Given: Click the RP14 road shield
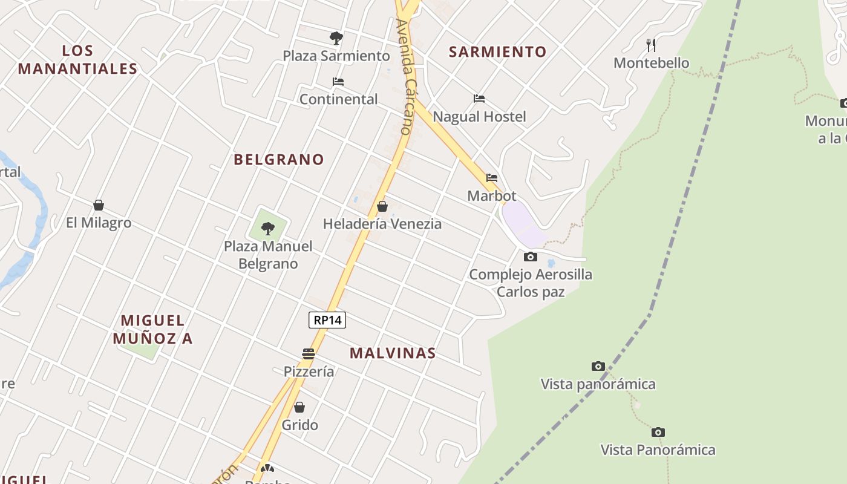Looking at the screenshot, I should [x=327, y=320].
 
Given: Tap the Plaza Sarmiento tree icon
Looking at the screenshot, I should [x=336, y=38].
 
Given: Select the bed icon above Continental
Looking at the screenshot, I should [x=338, y=82].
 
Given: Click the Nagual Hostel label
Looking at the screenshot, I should [x=480, y=116].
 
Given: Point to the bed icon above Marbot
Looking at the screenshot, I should [x=492, y=178].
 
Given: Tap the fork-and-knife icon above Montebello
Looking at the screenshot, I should [x=651, y=45].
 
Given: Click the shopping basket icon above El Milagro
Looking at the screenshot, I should [x=99, y=205].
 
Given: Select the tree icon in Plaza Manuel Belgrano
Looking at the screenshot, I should [x=268, y=228].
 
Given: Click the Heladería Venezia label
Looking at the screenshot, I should [x=382, y=224].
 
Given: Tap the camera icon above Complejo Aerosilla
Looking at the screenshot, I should [x=531, y=257].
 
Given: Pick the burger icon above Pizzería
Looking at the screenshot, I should [x=309, y=354].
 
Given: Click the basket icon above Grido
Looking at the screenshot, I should [x=299, y=407].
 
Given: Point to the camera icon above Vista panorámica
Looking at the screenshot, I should [x=598, y=366].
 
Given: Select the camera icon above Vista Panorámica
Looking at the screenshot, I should [x=658, y=432].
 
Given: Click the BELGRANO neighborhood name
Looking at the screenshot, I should [x=279, y=160].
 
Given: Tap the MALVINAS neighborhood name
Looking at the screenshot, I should [x=393, y=353].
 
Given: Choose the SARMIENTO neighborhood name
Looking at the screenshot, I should [x=497, y=52].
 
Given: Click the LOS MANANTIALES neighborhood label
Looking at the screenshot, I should [x=78, y=59].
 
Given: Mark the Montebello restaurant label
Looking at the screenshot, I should [x=652, y=63].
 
